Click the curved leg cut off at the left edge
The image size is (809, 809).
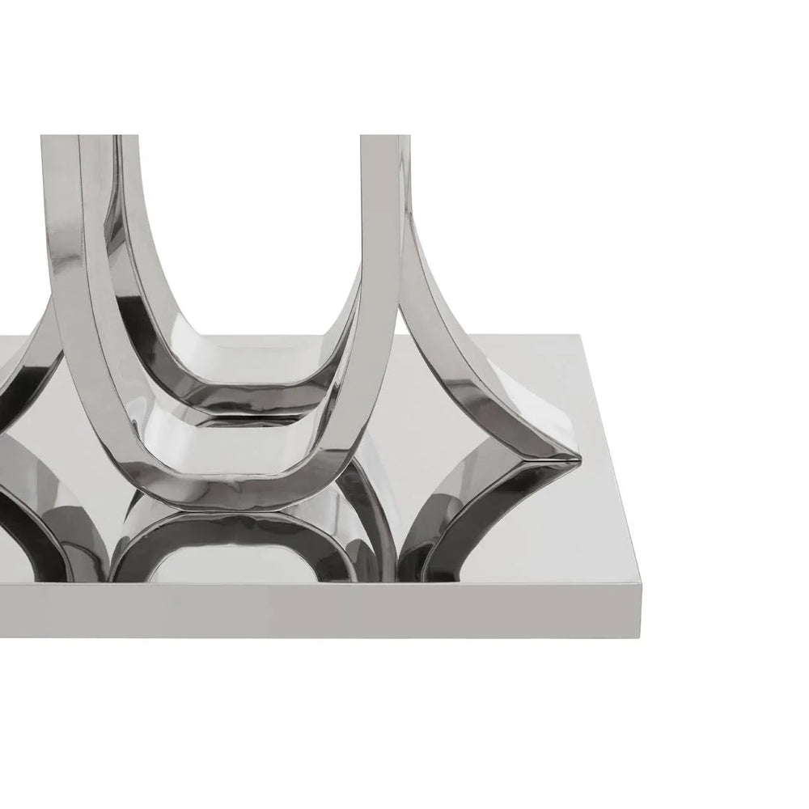click(24, 364)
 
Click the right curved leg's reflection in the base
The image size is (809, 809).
click(469, 518)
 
